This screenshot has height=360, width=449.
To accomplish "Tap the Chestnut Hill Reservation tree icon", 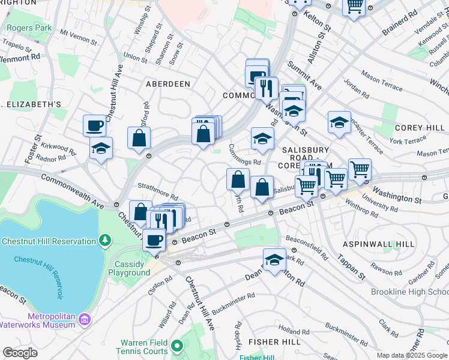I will (x=105, y=241).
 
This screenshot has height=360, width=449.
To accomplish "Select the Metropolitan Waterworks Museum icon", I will (x=85, y=317).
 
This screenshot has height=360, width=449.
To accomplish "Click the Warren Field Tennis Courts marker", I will (x=176, y=346).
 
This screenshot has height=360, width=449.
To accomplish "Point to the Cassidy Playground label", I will (x=129, y=268).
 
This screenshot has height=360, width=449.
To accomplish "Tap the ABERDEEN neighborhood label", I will (x=168, y=84).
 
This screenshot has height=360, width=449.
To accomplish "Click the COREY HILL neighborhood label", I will (x=418, y=128).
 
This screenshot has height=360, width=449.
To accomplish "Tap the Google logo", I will (x=20, y=353).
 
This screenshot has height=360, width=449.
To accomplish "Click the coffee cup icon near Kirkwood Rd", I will (x=94, y=125).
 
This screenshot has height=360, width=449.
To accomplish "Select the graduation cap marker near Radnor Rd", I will (x=101, y=148).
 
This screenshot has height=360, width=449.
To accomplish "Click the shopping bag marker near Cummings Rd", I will (x=238, y=179).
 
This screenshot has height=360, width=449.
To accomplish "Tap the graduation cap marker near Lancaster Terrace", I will (x=339, y=122).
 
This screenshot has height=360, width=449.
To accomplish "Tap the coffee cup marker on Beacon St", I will (x=154, y=239).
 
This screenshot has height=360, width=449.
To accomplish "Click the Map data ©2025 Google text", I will (x=412, y=355).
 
